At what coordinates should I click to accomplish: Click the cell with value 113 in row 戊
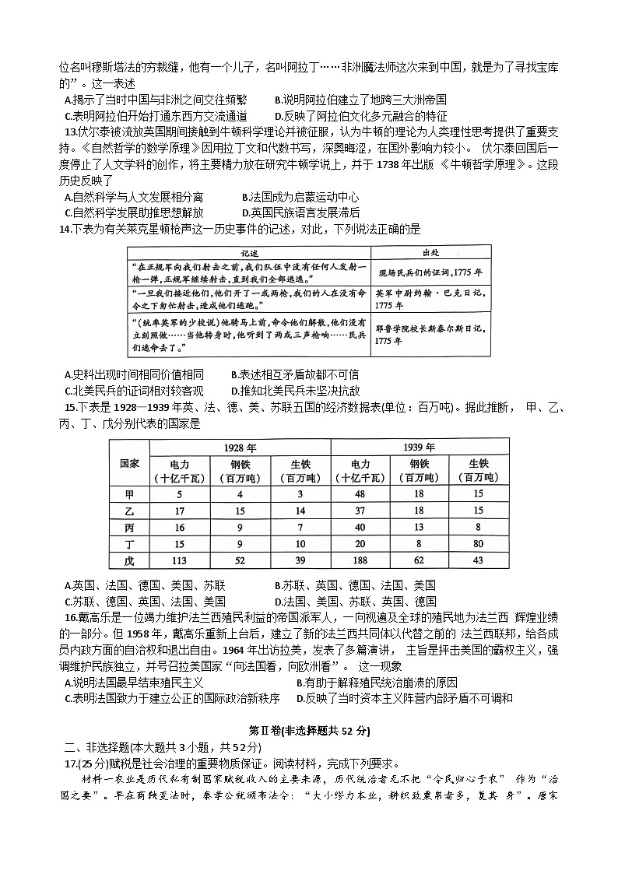click(179, 560)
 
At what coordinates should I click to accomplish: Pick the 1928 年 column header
click(240, 448)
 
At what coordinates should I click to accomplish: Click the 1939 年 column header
click(420, 448)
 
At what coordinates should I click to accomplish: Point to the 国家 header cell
click(129, 463)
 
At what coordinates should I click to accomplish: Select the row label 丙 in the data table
click(129, 528)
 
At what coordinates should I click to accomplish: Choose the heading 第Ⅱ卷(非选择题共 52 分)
click(309, 731)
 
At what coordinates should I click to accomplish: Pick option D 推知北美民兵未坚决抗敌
click(295, 391)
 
